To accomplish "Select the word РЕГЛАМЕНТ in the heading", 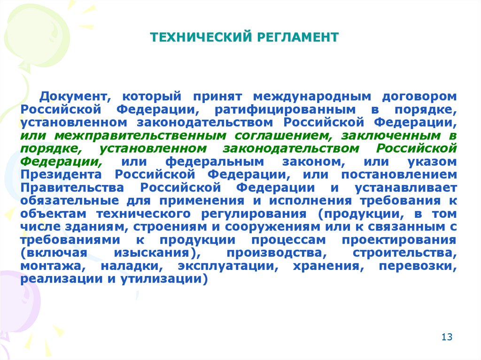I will (297, 37).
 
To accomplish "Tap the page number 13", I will (447, 337).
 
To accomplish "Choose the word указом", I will (432, 162).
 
